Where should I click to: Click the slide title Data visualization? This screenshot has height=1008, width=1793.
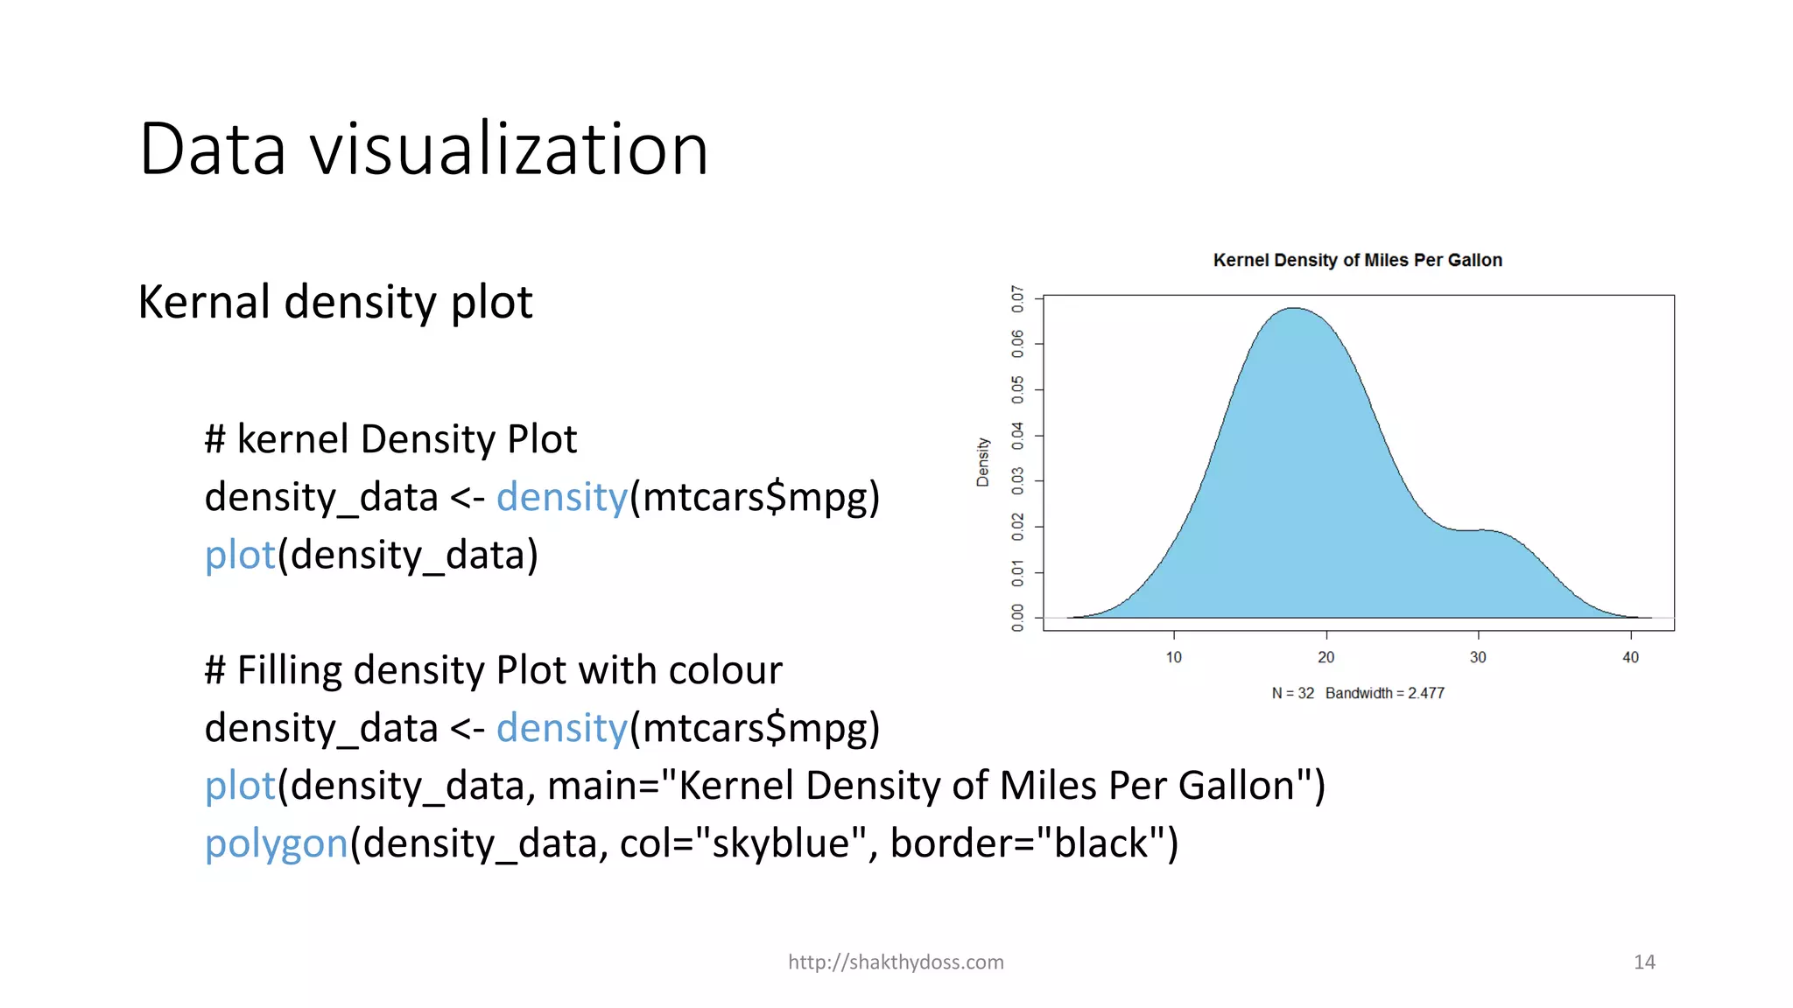click(x=423, y=149)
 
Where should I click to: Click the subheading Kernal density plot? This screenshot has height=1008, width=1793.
click(x=335, y=302)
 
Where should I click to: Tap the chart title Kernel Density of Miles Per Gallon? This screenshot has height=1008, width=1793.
click(x=1357, y=260)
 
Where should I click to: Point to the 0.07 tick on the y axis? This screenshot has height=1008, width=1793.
click(x=1017, y=298)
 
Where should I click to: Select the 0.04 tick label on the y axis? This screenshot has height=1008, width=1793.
click(x=1017, y=436)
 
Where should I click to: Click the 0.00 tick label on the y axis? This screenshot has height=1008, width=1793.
click(x=1017, y=618)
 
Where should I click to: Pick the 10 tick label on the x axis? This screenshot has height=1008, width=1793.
click(x=1173, y=657)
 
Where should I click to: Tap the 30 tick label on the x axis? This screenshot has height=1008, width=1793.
click(x=1478, y=657)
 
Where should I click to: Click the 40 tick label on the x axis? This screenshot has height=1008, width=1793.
click(x=1630, y=657)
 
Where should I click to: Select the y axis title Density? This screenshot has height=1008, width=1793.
click(x=983, y=462)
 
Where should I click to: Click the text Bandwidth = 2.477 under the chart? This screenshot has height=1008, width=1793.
click(x=1385, y=693)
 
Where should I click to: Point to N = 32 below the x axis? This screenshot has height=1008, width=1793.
click(x=1293, y=693)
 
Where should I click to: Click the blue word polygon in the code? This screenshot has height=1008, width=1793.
click(x=276, y=843)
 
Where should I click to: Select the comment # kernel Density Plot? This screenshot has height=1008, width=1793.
click(x=390, y=439)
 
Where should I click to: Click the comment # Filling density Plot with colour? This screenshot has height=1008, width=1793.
click(x=493, y=670)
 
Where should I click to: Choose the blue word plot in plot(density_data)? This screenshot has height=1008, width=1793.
click(x=240, y=555)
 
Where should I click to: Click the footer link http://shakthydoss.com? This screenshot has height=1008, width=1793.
click(x=896, y=962)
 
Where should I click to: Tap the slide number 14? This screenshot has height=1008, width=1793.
click(x=1644, y=962)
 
